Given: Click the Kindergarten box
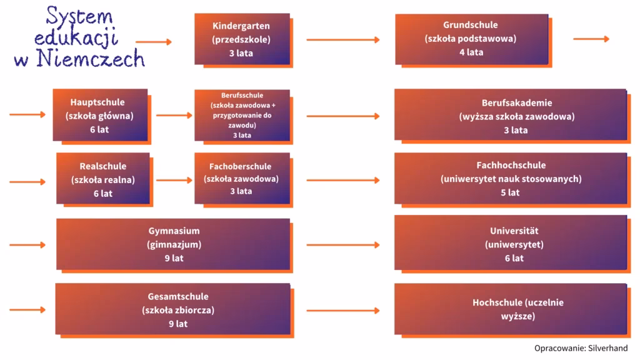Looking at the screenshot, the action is click(x=244, y=40).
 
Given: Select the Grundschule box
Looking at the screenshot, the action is click(x=474, y=41).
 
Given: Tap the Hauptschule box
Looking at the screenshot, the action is click(x=102, y=117).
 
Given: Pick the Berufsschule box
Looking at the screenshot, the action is click(x=244, y=117).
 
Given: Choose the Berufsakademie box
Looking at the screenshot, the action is click(x=512, y=116).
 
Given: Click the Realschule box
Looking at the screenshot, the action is click(x=104, y=180).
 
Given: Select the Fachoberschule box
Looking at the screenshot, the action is click(x=244, y=180).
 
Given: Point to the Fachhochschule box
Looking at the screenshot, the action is click(x=512, y=180).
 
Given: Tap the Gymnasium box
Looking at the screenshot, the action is click(x=175, y=246).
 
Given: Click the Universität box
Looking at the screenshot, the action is click(x=512, y=245).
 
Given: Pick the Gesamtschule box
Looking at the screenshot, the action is click(x=175, y=311).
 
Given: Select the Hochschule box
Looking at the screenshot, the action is click(x=512, y=311).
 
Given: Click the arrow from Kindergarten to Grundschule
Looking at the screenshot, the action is click(x=343, y=39).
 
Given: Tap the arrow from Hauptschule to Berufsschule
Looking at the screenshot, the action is click(x=174, y=116).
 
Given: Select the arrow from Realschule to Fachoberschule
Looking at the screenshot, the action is click(x=174, y=180).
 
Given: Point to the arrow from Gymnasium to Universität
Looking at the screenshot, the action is click(x=343, y=245).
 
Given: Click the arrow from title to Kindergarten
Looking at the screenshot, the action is click(x=154, y=42).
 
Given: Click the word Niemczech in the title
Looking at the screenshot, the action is click(x=91, y=59).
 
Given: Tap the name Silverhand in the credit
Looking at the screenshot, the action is click(x=607, y=348).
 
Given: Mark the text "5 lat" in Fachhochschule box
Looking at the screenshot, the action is click(x=510, y=192).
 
